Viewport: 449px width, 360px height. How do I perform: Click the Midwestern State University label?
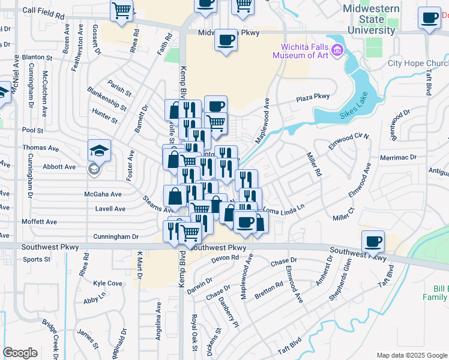click(370, 19)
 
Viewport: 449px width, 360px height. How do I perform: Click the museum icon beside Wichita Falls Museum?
click(336, 50)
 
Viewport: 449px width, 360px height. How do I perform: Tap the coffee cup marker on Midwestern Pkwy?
click(226, 40)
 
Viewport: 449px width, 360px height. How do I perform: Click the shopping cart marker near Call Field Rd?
click(121, 10)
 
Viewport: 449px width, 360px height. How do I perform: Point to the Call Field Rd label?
click(43, 11)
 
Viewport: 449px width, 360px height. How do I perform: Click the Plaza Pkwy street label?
click(313, 97)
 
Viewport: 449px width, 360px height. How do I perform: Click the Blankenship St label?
click(107, 99)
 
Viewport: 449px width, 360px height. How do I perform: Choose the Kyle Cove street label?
click(107, 283)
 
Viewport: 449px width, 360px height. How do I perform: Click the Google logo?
click(20, 353)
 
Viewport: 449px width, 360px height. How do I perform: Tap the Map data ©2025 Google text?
click(411, 355)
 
